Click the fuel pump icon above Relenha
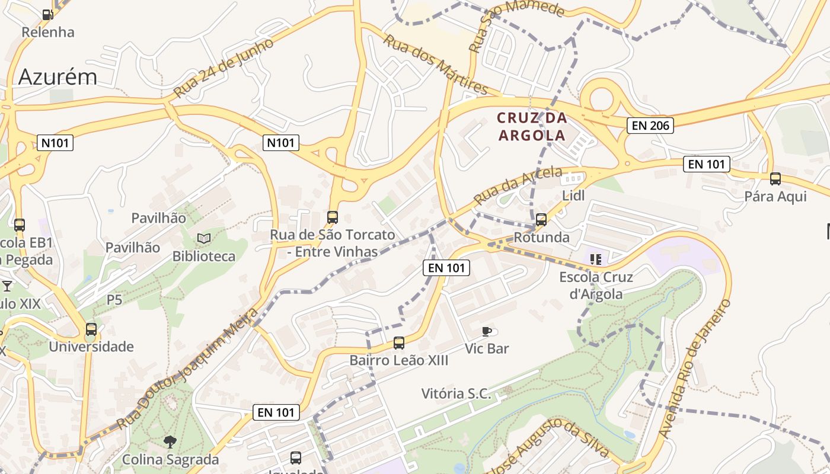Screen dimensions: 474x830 pos(47,14)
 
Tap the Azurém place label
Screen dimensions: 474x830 pos(58,77)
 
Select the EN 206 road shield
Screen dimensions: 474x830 pos(650,125)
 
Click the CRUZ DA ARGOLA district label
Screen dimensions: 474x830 pos(532,127)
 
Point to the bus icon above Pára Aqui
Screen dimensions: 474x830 pos(775,179)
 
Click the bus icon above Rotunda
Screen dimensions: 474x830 pos(541,220)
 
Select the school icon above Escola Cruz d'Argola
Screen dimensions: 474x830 pos(596,259)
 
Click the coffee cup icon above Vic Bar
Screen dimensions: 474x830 pos(487,331)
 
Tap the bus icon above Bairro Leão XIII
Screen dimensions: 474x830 pos(398,343)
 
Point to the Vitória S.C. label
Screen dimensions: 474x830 pos(456,393)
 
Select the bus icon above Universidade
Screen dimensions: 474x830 pos(91,329)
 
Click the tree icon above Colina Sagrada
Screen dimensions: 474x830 pos(170,441)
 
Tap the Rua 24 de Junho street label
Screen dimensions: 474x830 pos(224,68)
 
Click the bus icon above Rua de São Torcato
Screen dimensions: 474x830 pos(333,217)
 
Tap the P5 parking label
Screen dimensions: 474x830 pos(114,300)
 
